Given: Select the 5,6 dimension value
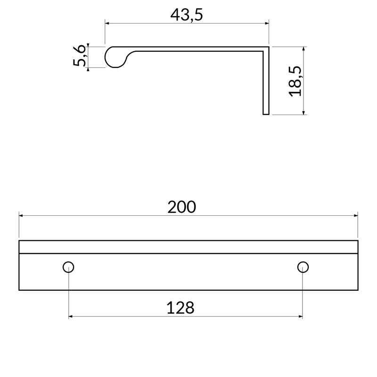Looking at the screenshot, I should point(80,57).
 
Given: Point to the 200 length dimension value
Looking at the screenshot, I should point(182,207).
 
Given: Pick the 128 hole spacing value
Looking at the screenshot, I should point(180,308).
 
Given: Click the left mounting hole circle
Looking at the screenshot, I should point(68,267).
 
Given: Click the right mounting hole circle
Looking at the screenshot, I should point(303,267).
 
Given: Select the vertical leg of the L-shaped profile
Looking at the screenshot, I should point(266,82).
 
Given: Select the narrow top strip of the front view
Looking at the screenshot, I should point(188,247).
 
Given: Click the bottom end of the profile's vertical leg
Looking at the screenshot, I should point(266,114).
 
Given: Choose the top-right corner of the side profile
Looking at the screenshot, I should point(268,48).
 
